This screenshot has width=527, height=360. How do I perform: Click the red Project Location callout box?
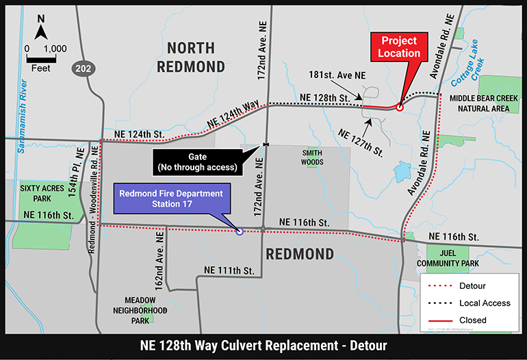[400, 47]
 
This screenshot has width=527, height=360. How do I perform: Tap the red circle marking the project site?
[400, 107]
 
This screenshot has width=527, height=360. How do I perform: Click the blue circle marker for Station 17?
[240, 231]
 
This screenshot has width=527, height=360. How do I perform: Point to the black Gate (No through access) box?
[197, 162]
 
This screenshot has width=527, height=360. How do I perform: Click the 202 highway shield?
[83, 69]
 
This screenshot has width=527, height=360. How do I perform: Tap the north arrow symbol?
[41, 29]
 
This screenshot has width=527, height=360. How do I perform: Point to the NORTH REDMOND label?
[191, 57]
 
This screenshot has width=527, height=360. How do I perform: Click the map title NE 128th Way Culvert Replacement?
[263, 346]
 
